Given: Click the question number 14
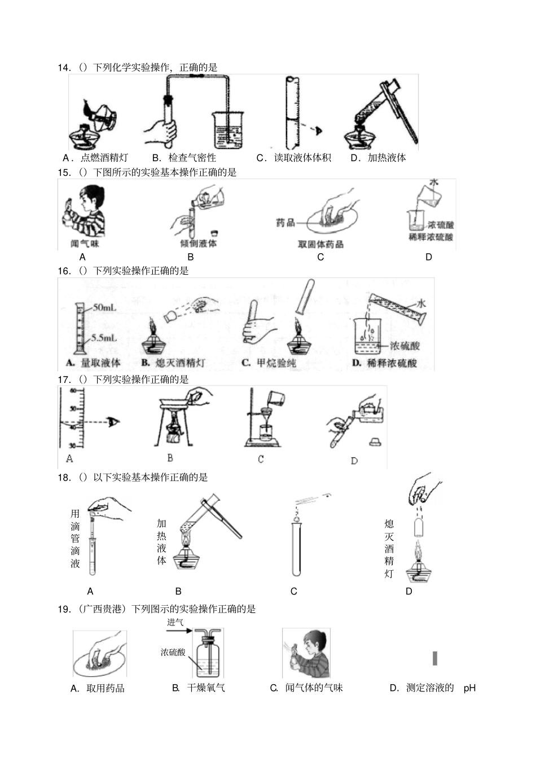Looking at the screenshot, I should point(64,68).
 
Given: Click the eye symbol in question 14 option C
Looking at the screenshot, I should point(319,130).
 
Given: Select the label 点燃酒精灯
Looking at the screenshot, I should point(104,158).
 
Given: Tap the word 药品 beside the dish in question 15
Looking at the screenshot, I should point(285,223).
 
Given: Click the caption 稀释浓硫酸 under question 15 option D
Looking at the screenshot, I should point(430,237).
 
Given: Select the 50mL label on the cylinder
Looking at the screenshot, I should point(104,307).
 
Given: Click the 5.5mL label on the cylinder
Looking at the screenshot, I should point(104,337).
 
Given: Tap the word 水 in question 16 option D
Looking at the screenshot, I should point(421,303).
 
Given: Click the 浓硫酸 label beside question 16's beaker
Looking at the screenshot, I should point(404,345).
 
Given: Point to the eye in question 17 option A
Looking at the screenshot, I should point(114,421).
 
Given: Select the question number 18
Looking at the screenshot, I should point(64,478).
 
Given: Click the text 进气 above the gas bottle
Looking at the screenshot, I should point(175,622).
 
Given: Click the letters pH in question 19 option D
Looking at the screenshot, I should point(469,688).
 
